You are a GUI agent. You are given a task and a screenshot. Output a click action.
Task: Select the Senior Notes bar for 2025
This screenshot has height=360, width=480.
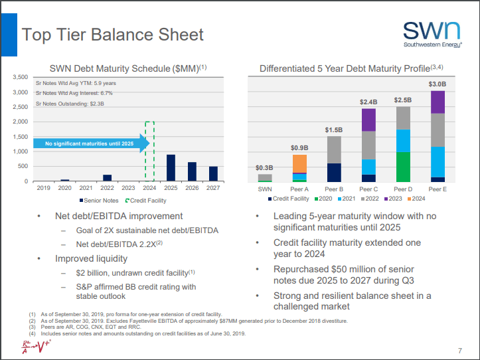click(171, 167)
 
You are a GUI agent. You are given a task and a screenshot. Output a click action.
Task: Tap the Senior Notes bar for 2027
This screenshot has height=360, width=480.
click(213, 173)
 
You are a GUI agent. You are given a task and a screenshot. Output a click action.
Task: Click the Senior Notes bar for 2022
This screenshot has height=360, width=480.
click(107, 177)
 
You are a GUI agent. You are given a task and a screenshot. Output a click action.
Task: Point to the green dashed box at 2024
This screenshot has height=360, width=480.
click(149, 151)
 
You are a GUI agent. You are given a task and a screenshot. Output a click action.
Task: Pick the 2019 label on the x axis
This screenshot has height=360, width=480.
click(43, 189)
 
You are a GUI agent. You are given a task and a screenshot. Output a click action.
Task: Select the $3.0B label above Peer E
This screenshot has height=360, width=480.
click(438, 84)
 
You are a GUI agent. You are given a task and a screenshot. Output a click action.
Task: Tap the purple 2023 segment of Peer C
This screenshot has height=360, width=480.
click(368, 120)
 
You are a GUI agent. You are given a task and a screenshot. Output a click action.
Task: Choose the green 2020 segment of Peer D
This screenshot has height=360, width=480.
click(403, 167)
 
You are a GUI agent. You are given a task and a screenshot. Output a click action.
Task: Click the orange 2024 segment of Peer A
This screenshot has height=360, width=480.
click(299, 163)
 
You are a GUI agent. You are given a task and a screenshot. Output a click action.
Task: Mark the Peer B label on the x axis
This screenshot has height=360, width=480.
click(334, 189)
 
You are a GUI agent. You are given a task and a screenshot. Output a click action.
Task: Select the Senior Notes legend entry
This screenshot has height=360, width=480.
click(100, 200)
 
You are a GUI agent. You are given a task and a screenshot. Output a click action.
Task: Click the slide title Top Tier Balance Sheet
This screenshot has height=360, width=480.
click(113, 34)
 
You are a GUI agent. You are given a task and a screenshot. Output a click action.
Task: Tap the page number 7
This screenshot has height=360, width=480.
click(460, 350)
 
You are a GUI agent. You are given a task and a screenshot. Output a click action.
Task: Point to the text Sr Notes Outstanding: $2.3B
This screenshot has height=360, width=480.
click(70, 104)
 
